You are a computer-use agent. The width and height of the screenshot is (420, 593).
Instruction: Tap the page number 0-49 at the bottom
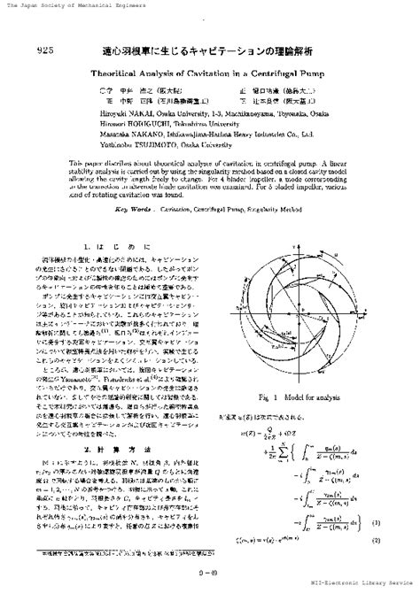point(211,579)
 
